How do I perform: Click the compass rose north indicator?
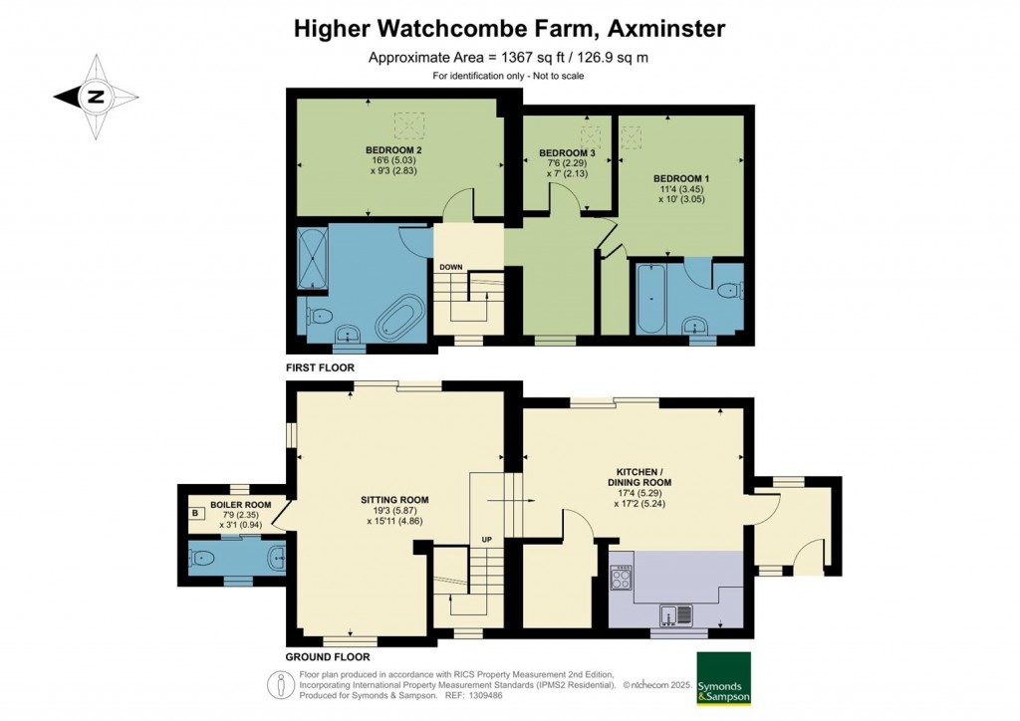(x=96, y=97)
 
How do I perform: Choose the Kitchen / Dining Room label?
(x=643, y=475)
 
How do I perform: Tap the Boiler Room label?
(x=234, y=505)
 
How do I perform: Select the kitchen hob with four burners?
(x=622, y=578)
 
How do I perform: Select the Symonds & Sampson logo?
(x=723, y=677)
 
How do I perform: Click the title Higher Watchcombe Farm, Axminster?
(x=509, y=29)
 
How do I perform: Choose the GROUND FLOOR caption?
(x=327, y=657)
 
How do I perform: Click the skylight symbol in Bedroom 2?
(x=407, y=126)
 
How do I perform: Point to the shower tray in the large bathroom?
(x=312, y=258)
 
